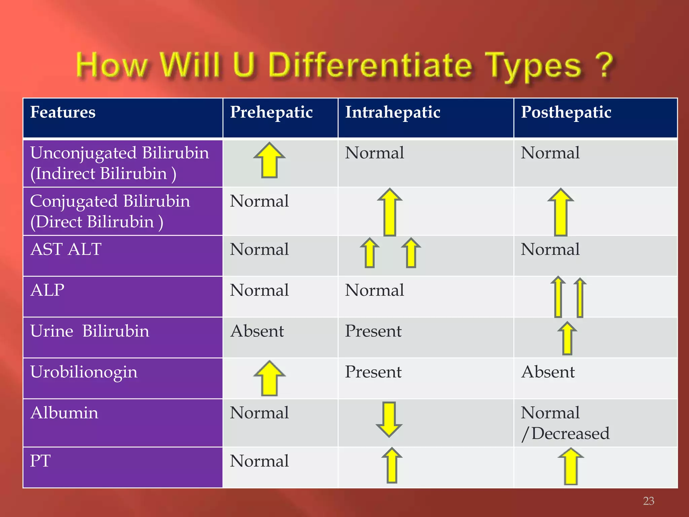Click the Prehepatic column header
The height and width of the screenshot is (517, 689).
click(271, 112)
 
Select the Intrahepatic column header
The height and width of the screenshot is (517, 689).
click(393, 112)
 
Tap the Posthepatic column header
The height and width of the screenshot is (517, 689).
click(566, 112)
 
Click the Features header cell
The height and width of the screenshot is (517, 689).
click(63, 112)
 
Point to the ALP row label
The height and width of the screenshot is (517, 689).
click(47, 290)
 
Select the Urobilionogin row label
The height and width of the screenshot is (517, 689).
click(84, 372)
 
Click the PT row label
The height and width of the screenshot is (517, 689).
click(40, 461)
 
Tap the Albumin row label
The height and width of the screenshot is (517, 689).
click(64, 413)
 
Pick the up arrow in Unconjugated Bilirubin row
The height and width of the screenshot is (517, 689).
click(269, 160)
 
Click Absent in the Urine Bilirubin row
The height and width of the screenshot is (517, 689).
click(257, 331)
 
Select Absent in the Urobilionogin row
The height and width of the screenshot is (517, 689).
click(548, 372)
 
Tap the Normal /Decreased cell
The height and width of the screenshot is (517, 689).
click(565, 423)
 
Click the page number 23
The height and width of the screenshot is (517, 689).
click(649, 501)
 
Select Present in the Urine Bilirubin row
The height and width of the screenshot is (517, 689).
click(373, 331)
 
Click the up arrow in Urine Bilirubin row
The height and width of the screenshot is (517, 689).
click(567, 338)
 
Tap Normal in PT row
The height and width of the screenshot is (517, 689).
click(259, 461)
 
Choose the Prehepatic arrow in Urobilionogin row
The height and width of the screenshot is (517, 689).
click(269, 378)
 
